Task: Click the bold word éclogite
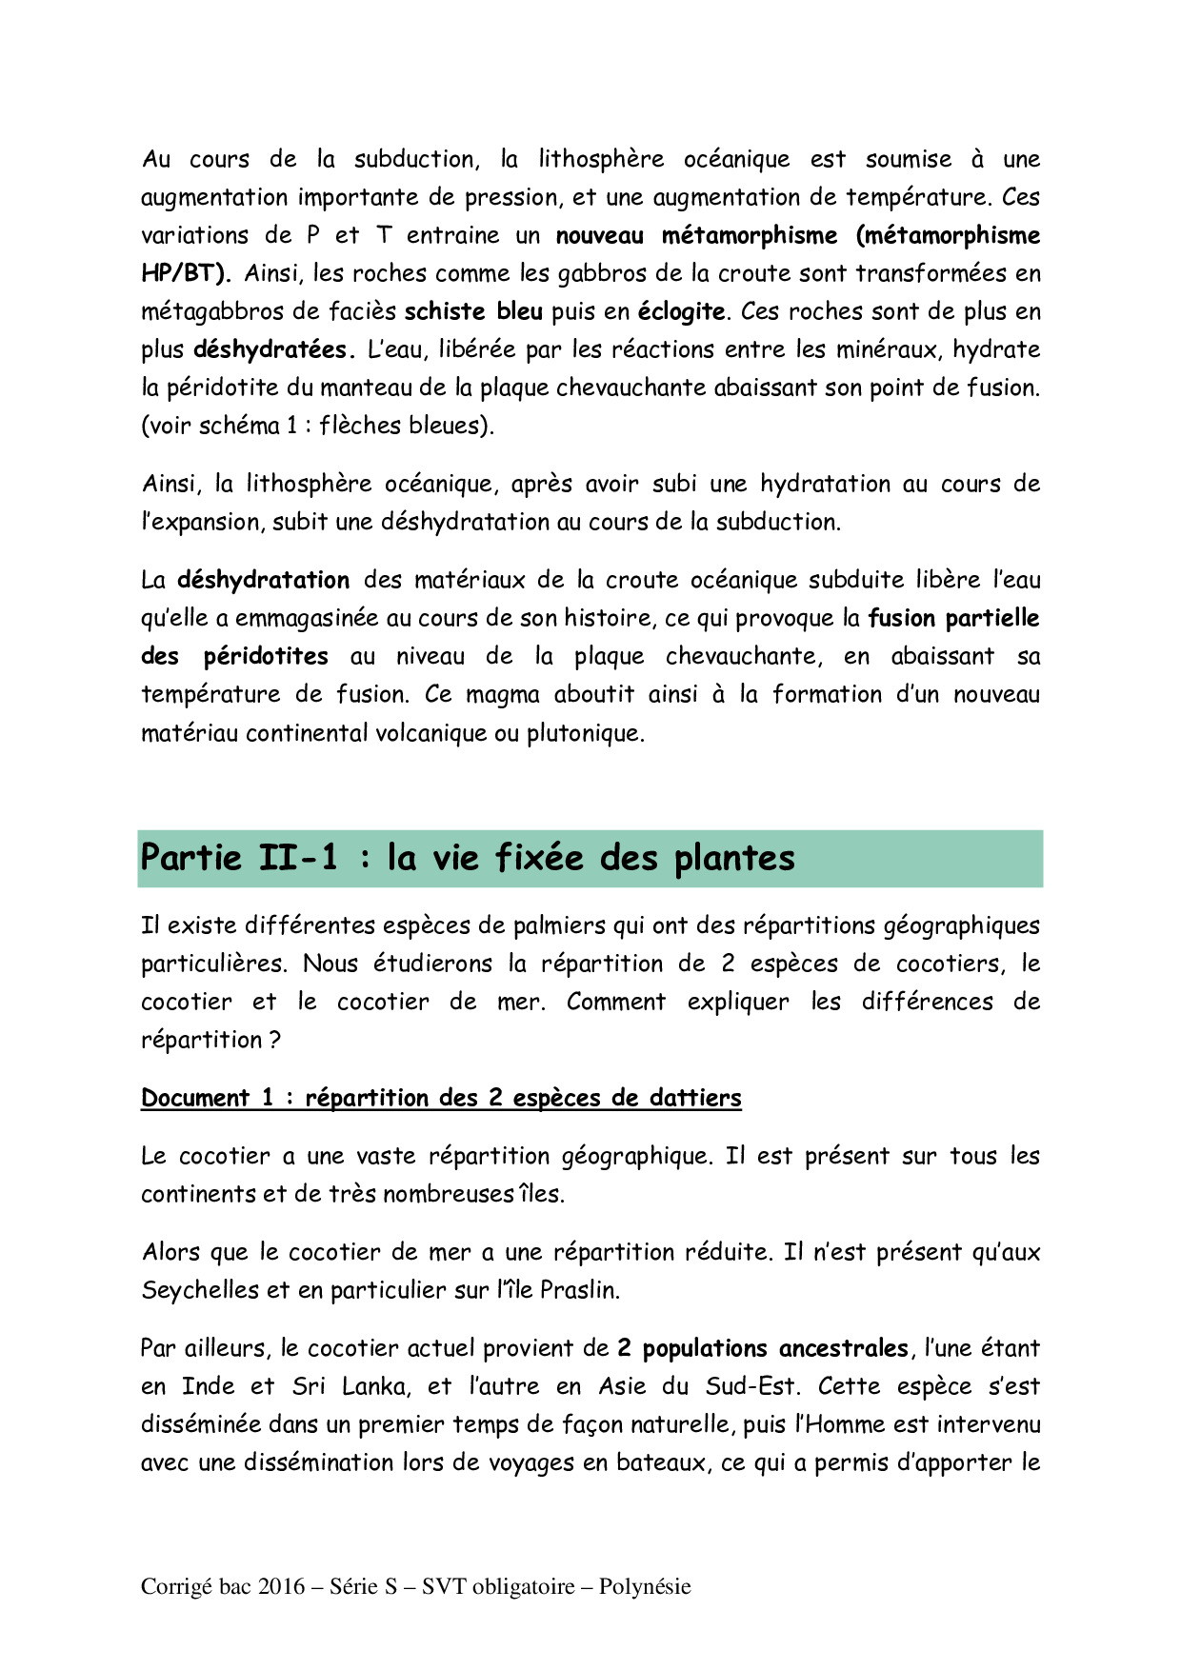(x=681, y=311)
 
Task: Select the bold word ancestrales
(x=843, y=1348)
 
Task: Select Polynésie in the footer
(x=645, y=1586)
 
